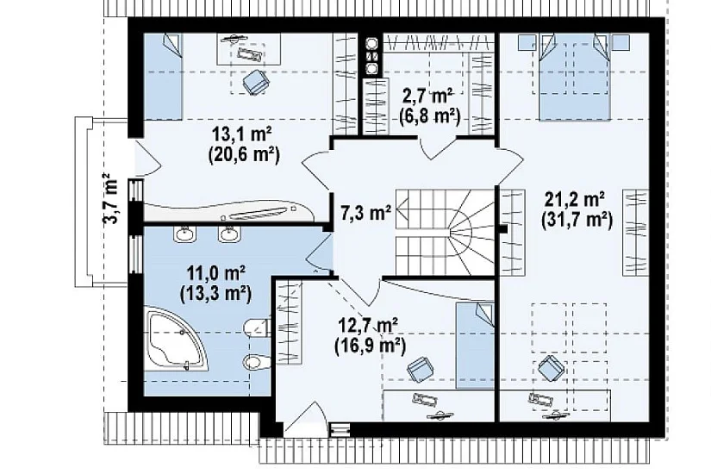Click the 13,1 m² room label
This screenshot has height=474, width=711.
(242, 134)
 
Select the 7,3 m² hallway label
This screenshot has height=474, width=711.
(365, 212)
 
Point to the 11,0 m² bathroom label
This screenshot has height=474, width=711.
(216, 273)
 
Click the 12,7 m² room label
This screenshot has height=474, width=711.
(369, 326)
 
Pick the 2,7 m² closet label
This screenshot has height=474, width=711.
(427, 97)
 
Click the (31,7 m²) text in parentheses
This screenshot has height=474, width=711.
(577, 221)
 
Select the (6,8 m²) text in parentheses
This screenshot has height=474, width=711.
(430, 116)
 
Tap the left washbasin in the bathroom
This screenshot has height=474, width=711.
(184, 234)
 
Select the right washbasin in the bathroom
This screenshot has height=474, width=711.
(229, 234)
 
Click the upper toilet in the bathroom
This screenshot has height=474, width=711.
(256, 327)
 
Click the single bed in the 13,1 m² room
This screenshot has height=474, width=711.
(163, 77)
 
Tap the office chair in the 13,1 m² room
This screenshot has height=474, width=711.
(256, 82)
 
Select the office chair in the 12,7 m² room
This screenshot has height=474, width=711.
(421, 368)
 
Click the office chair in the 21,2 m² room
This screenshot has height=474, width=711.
(551, 367)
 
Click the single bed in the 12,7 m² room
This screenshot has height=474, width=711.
(475, 346)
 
